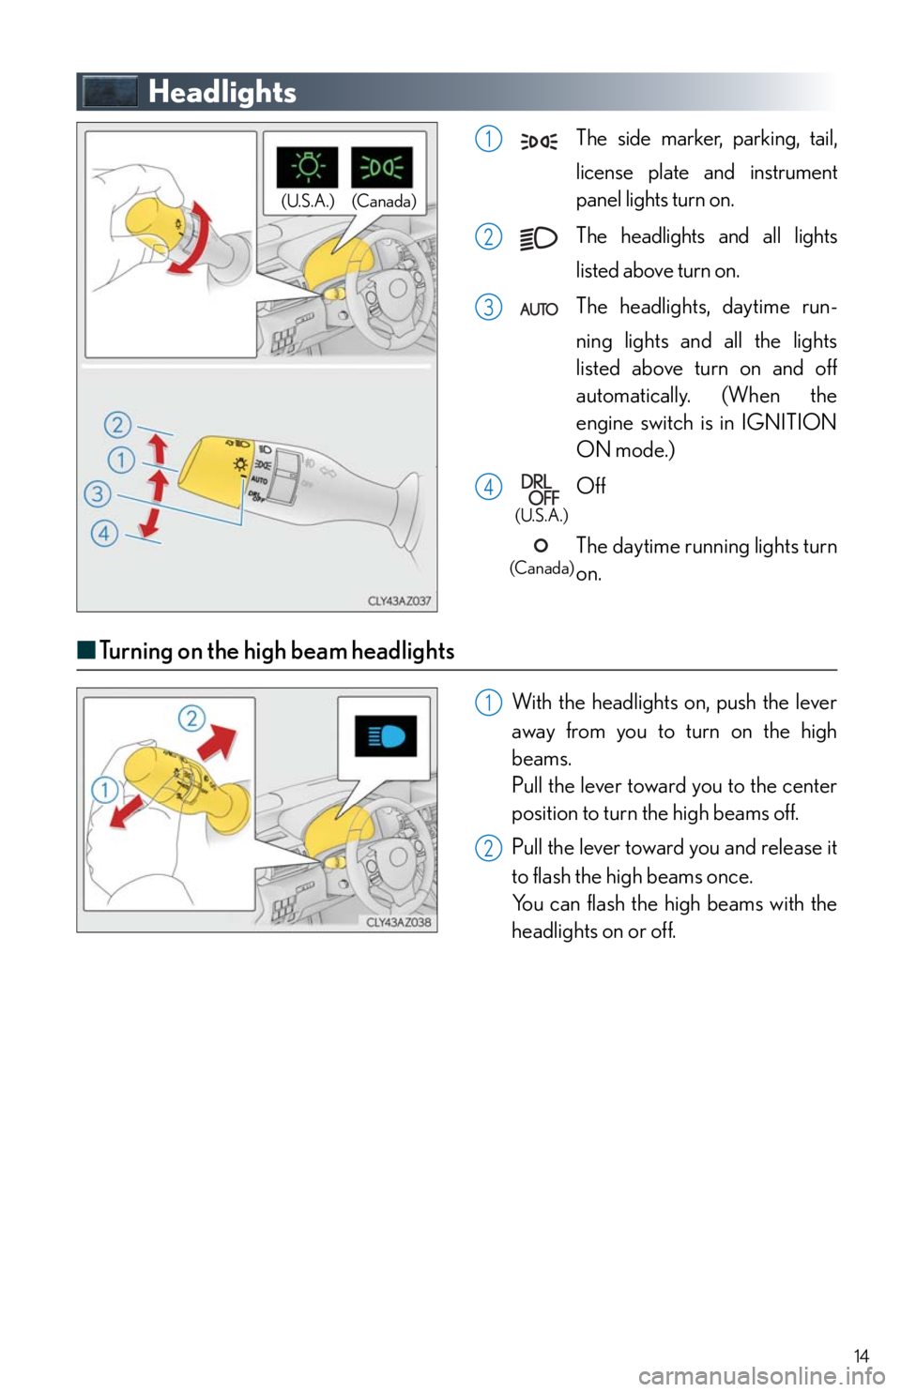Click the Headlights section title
[x=222, y=92]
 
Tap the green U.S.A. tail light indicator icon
[x=307, y=167]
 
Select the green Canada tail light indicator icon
[x=382, y=167]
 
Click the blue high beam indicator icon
[x=386, y=735]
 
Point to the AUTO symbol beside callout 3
[x=539, y=309]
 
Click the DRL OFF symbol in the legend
[x=540, y=489]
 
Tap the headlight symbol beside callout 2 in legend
[x=539, y=238]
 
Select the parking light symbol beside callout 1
[x=539, y=143]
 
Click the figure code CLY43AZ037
[x=399, y=601]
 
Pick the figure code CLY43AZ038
[x=399, y=922]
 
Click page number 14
[x=861, y=1354]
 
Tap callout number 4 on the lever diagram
[x=104, y=533]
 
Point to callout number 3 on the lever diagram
[x=98, y=494]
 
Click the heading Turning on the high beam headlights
[x=277, y=651]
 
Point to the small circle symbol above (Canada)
[x=541, y=545]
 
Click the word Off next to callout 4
[x=590, y=485]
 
